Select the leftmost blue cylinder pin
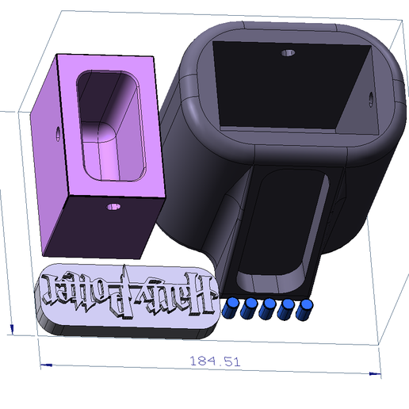point(232,309)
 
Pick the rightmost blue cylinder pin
point(303,310)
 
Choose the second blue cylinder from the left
point(250,310)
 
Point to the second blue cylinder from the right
point(285,310)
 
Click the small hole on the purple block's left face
point(57,133)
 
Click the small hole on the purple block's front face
point(113,208)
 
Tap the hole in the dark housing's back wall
point(288,54)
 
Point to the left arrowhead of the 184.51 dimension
point(44,365)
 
